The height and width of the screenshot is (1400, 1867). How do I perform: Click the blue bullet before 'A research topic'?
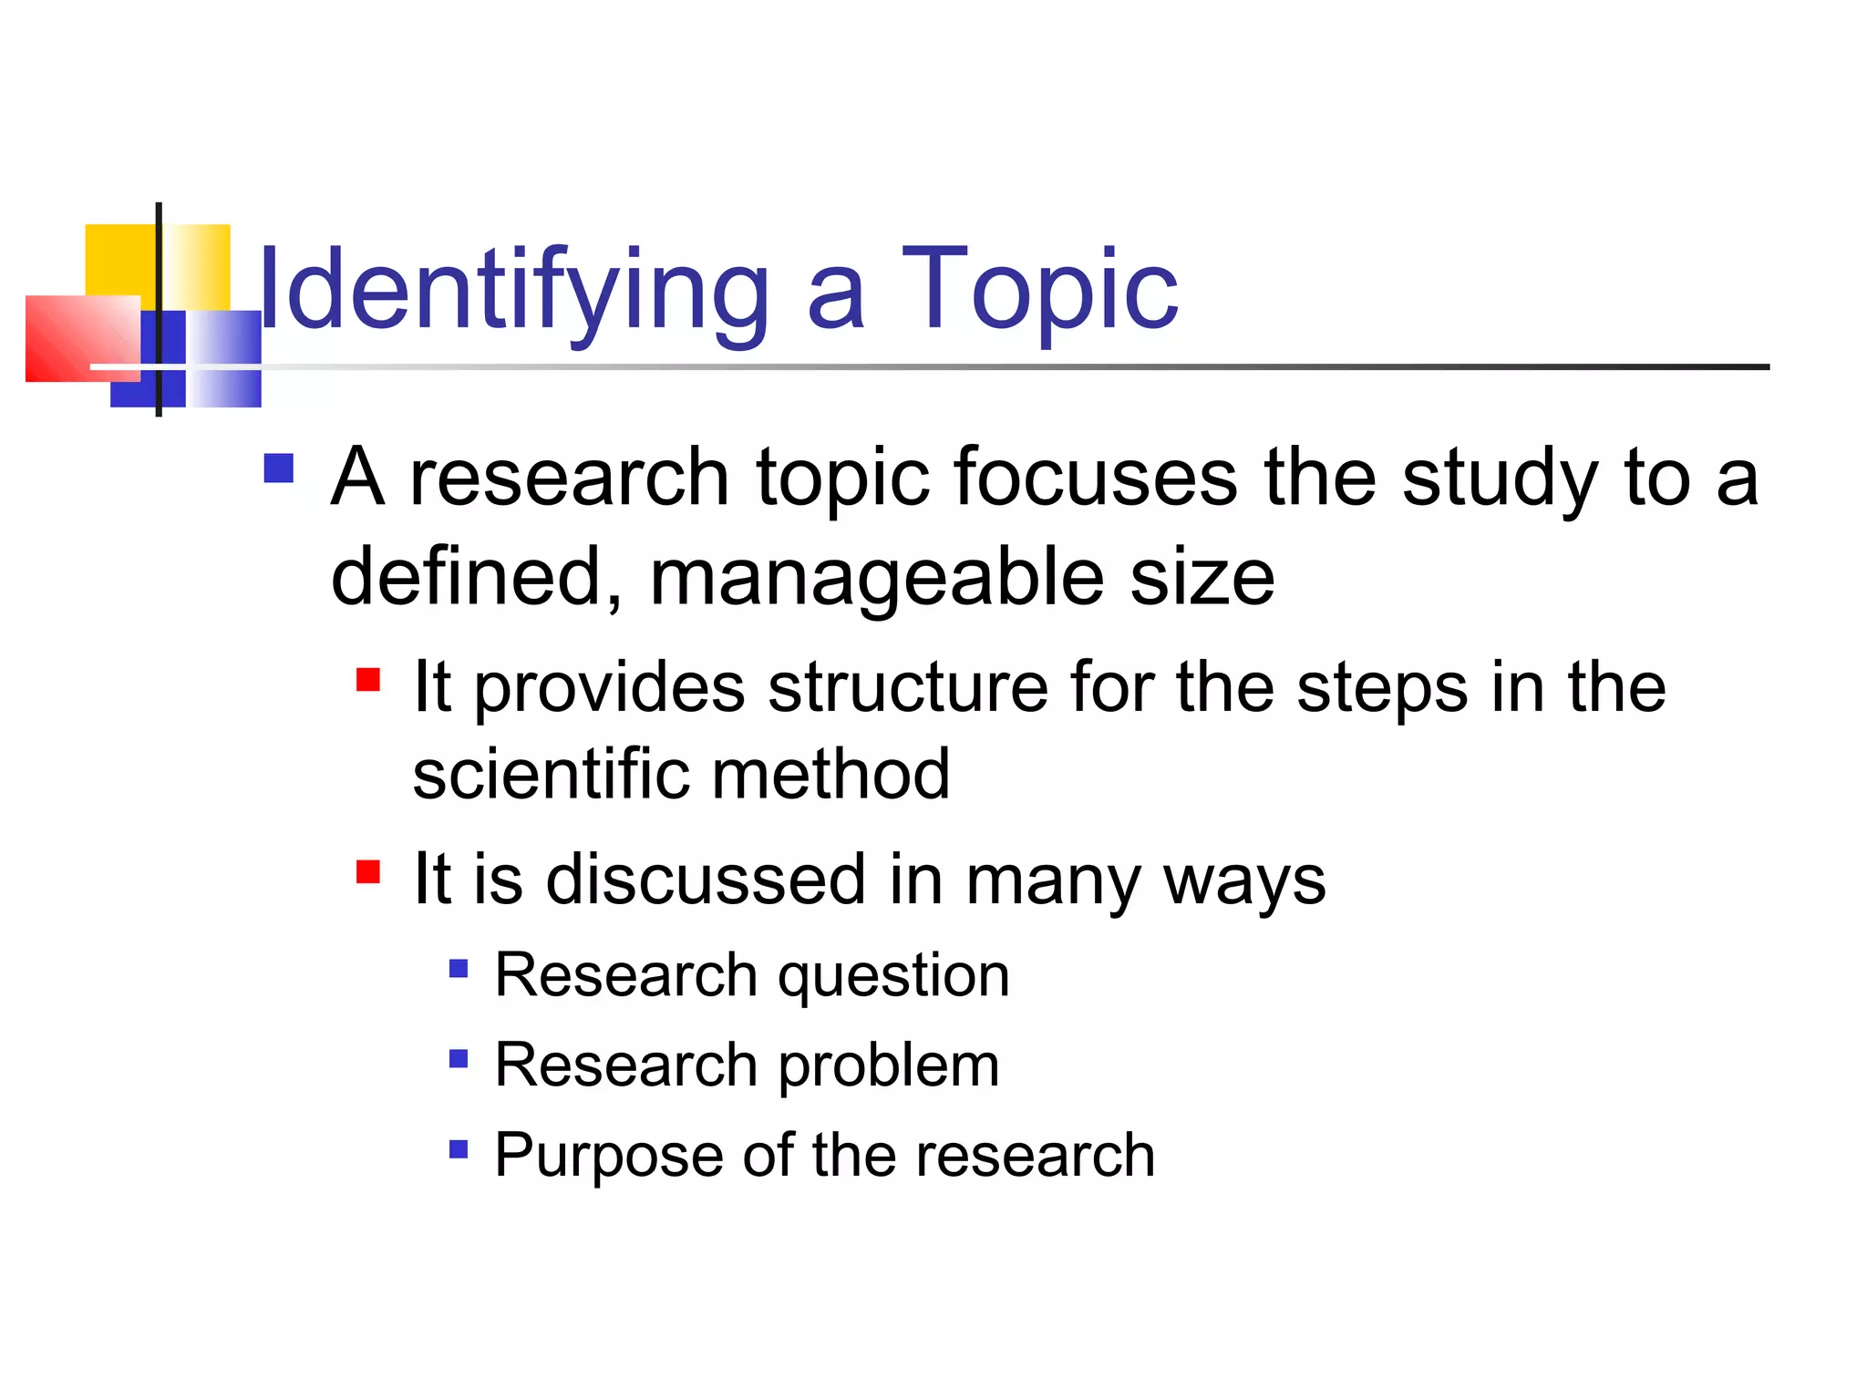pos(278,468)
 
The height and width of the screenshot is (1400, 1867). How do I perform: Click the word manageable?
pos(876,578)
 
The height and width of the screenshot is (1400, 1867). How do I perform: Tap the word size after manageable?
pos(1202,578)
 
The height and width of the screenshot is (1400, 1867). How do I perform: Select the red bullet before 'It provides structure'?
pos(367,680)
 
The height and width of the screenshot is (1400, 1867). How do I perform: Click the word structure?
pos(908,687)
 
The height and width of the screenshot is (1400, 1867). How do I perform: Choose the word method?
pos(830,775)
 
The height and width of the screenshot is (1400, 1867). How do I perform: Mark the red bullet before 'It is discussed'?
pos(367,872)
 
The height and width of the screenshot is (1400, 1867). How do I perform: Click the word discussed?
pos(706,880)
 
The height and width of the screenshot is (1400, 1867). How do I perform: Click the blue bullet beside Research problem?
pos(459,1058)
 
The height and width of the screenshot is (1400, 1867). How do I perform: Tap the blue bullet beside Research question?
pos(459,968)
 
